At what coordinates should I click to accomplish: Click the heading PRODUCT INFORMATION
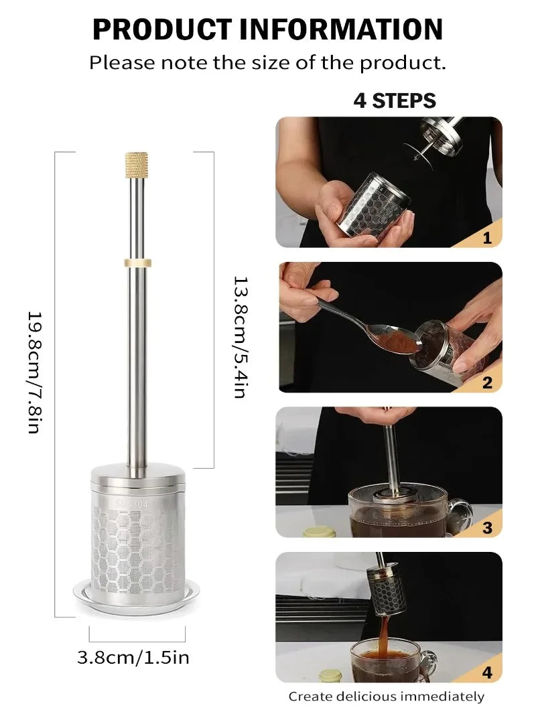pos(267,29)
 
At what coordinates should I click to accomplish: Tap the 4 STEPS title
pos(395,100)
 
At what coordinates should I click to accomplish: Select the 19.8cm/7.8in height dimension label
pos(34,372)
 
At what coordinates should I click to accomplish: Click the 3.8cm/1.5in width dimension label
pos(133,657)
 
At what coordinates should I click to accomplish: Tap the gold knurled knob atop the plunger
pos(136,165)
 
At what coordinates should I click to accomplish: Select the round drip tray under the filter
pos(136,593)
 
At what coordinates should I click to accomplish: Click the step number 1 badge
pos(486,238)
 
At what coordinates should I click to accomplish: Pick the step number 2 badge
pos(486,382)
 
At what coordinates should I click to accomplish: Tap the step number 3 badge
pos(487,528)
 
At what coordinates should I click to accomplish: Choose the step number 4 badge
pos(487,672)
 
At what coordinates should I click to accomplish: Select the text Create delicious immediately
pos(386,697)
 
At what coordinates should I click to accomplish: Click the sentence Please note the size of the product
pos(267,63)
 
